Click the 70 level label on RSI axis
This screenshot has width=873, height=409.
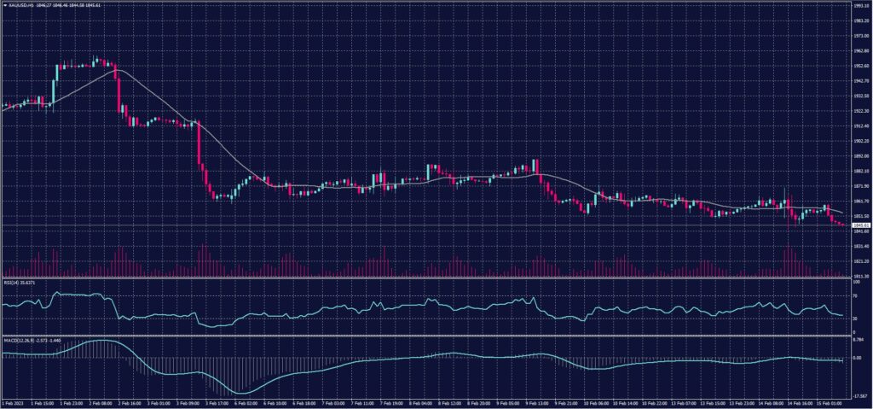click(855, 295)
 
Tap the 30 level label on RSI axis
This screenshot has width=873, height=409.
click(855, 318)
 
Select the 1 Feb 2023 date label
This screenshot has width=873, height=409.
click(14, 402)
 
